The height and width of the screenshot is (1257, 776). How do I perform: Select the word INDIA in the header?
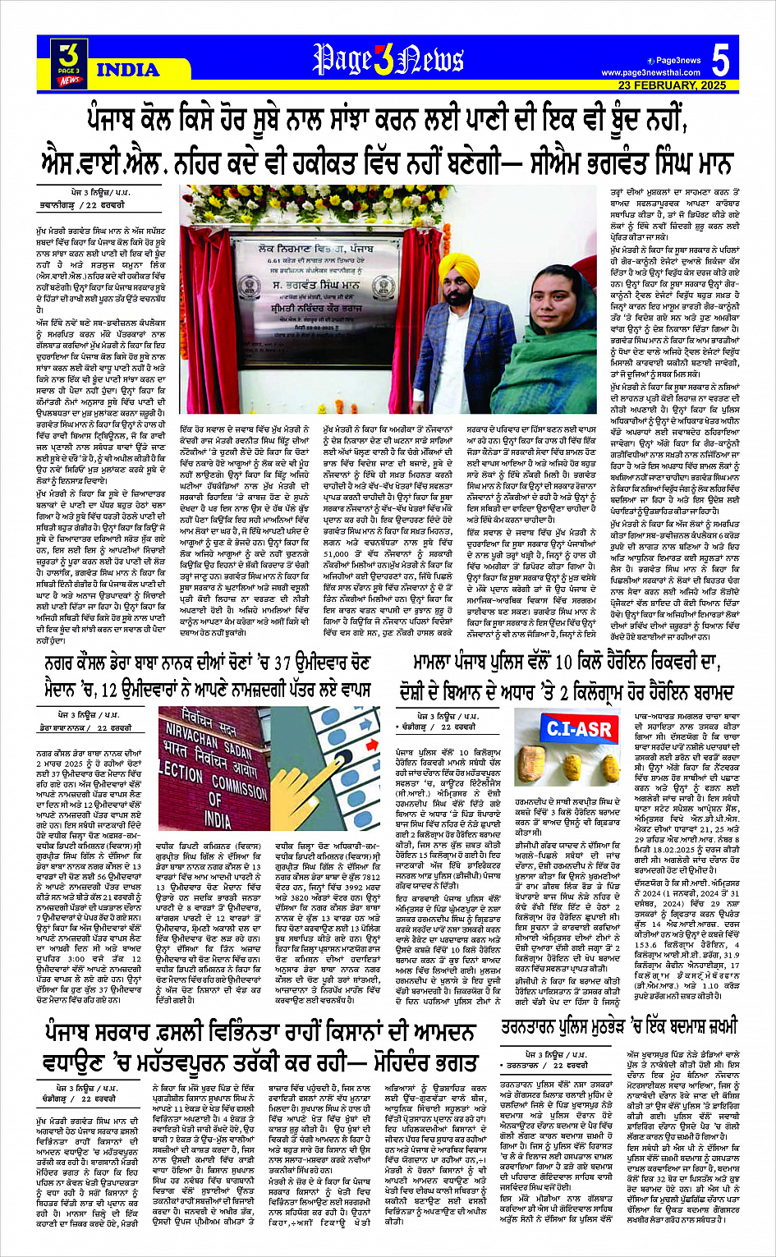128,70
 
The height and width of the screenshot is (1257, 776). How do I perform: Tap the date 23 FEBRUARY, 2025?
673,85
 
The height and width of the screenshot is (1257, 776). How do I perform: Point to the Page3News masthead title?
388,59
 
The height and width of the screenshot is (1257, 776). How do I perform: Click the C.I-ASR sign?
579,729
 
